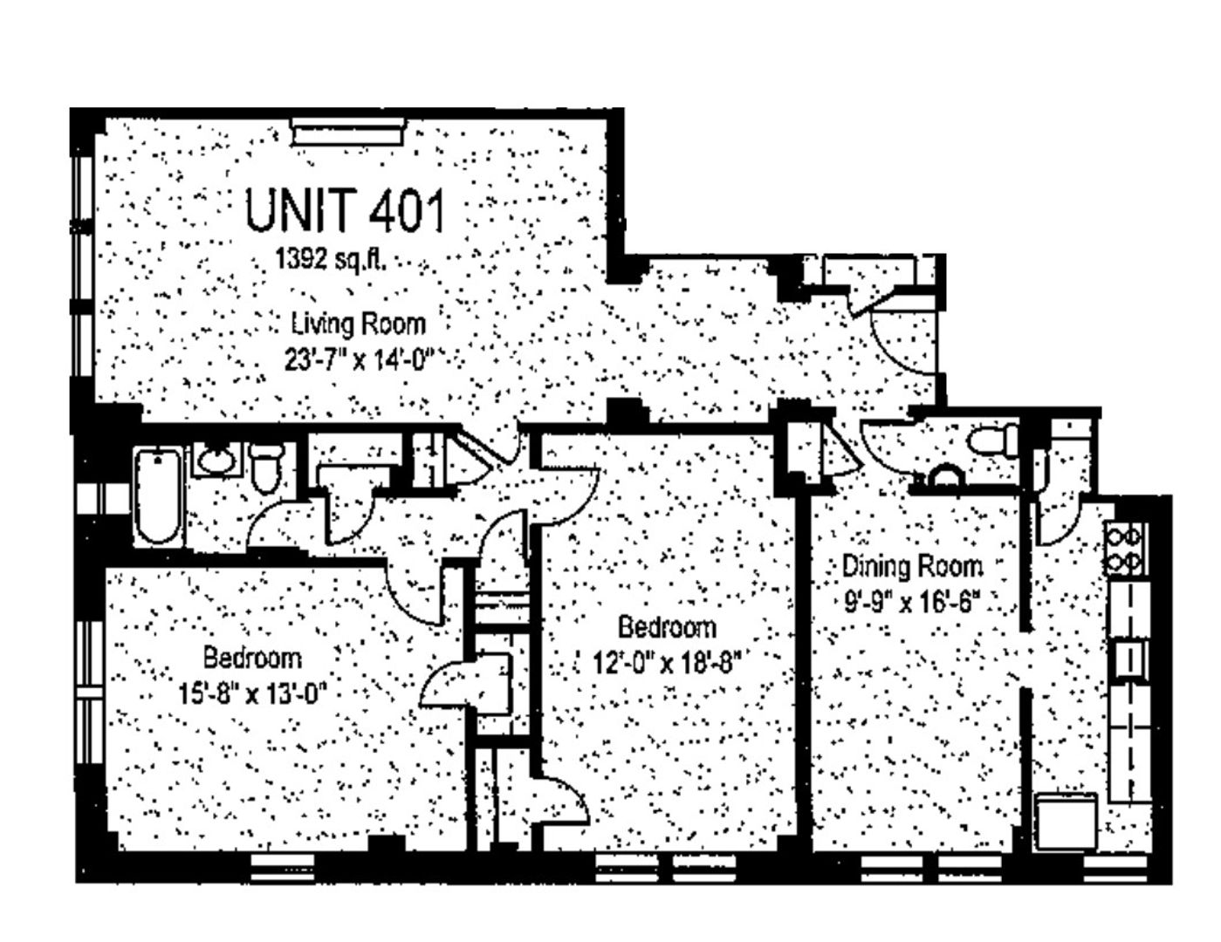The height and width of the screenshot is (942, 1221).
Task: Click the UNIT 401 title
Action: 345,210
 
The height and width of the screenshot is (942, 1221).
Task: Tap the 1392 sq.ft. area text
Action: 331,259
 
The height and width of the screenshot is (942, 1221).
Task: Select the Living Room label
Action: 359,325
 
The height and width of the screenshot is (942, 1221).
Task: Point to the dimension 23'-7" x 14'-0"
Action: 360,360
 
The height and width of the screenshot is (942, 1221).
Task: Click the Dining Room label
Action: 913,566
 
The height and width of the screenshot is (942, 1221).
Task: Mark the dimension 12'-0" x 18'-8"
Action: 668,664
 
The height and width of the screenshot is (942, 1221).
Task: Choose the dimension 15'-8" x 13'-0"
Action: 252,694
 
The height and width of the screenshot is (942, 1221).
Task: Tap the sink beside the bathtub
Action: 218,460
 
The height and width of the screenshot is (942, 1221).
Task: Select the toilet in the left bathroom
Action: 267,468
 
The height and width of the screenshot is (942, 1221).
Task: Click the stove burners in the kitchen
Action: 1125,548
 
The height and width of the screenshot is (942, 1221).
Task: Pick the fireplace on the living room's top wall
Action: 347,132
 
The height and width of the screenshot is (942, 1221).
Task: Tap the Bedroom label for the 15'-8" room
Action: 252,658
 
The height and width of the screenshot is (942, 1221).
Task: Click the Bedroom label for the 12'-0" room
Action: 667,627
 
